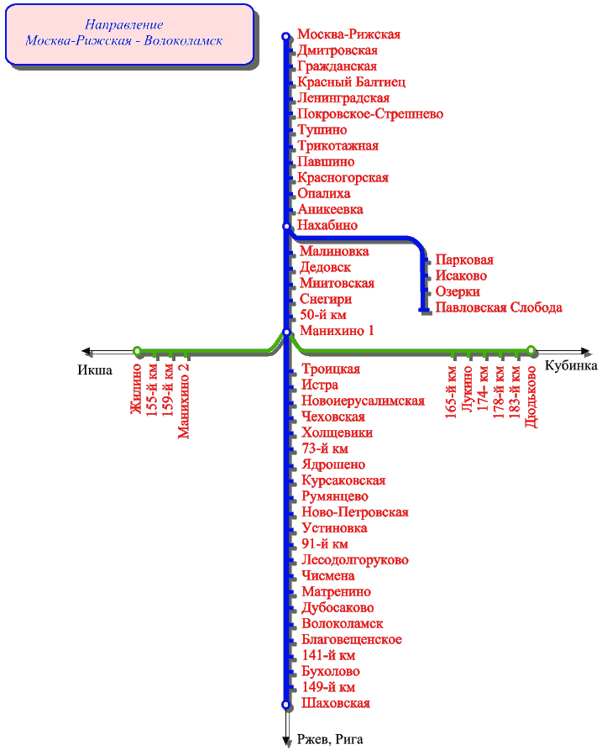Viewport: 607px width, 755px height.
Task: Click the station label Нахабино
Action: click(328, 225)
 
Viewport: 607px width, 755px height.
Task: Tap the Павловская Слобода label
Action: click(498, 307)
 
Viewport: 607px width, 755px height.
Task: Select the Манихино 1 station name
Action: click(337, 331)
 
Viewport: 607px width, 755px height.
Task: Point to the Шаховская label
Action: click(335, 703)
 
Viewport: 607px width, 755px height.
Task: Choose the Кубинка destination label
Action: click(571, 365)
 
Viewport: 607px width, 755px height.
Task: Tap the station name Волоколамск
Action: click(342, 623)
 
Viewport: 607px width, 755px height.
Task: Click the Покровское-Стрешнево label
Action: click(369, 113)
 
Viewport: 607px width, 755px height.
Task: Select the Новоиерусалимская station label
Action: click(362, 401)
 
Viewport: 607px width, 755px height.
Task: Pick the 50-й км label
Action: click(323, 315)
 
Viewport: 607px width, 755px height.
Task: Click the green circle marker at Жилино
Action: click(137, 350)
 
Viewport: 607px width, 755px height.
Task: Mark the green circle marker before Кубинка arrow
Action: click(531, 350)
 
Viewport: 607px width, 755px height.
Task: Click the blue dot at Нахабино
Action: click(286, 225)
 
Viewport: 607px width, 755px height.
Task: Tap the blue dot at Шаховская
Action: click(286, 704)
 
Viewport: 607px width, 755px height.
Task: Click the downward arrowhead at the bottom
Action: click(286, 740)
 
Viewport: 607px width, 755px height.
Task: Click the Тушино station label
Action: click(322, 129)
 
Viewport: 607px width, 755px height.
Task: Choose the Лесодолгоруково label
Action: click(354, 559)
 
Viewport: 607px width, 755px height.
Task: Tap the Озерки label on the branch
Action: click(458, 291)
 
